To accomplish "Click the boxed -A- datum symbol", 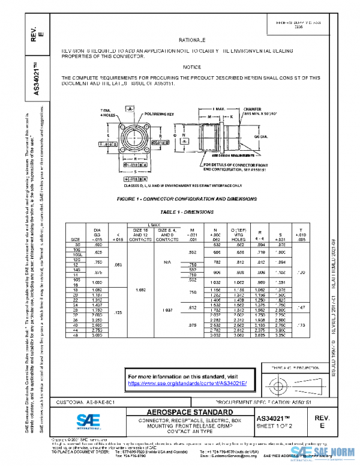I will [129, 109].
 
